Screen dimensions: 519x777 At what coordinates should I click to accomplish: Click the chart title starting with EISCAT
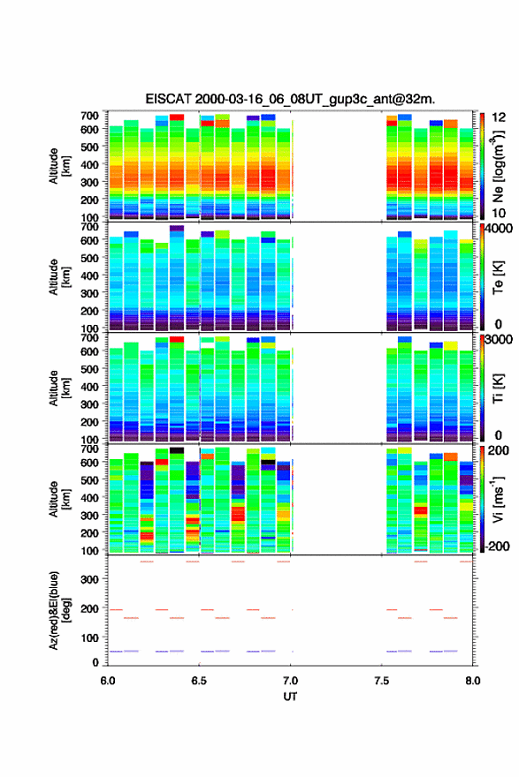tap(290, 99)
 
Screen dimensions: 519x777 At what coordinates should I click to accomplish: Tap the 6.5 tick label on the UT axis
tap(199, 681)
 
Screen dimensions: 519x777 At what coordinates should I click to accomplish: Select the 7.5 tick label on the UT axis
tap(382, 681)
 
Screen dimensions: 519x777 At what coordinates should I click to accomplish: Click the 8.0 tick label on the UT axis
tap(473, 681)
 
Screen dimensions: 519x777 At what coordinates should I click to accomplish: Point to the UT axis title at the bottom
tap(290, 697)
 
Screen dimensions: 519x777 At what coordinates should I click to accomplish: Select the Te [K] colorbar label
tap(498, 277)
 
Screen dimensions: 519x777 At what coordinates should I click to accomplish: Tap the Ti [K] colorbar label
tap(498, 388)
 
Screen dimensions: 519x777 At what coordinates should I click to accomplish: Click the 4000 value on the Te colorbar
tap(499, 229)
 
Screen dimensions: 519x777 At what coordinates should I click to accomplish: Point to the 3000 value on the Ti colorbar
tap(499, 340)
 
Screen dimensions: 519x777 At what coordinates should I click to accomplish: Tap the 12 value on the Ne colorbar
tap(499, 117)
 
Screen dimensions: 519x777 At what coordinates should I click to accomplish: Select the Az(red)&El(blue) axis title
tap(59, 610)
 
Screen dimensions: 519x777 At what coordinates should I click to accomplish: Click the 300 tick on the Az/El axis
tap(90, 579)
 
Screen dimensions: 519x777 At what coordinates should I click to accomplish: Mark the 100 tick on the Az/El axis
tap(90, 637)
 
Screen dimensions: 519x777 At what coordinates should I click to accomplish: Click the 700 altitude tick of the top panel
tap(90, 116)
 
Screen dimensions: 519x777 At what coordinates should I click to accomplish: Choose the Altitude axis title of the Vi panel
tap(59, 499)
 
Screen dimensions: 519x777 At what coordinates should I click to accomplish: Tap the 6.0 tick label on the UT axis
tap(108, 681)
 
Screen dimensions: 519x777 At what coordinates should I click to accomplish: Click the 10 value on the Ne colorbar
tap(499, 213)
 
